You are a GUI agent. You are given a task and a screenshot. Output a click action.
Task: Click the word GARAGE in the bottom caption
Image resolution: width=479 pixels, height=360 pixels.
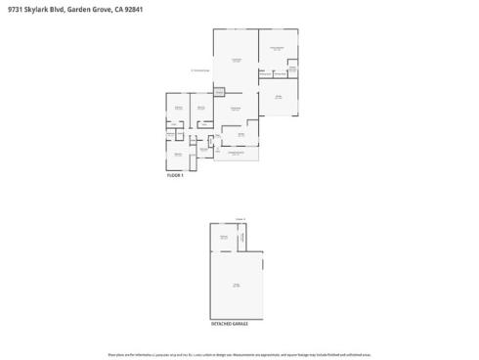click(240, 323)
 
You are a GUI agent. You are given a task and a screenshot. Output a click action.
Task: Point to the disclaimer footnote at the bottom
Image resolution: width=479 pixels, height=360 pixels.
click(239, 353)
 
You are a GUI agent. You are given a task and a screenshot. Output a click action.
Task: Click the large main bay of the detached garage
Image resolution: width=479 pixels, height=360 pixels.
click(237, 284)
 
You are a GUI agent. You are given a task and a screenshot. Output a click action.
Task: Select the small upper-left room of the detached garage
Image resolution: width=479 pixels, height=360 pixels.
click(224, 237)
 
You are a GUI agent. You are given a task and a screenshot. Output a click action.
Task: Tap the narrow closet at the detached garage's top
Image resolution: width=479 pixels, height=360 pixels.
click(242, 236)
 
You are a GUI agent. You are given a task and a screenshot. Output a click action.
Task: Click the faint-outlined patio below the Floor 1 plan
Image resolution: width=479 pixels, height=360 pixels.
click(237, 154)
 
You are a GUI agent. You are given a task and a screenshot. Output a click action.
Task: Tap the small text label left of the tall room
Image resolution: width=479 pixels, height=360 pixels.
click(199, 70)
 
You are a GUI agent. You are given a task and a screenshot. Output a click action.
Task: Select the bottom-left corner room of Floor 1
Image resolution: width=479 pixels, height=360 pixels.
click(178, 155)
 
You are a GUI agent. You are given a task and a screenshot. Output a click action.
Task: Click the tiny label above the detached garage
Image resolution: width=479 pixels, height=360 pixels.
click(239, 218)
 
